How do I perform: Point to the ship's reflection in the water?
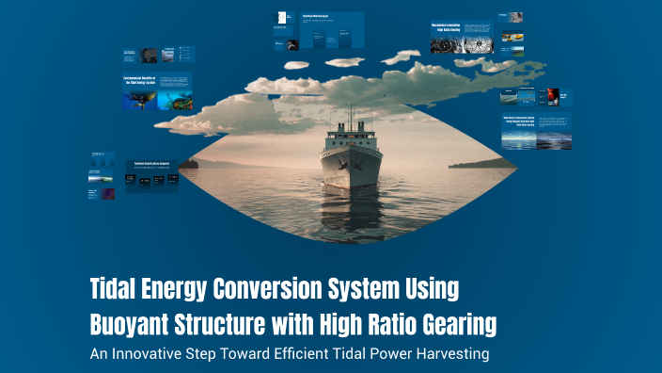click(342, 212)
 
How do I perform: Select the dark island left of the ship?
click(188, 164)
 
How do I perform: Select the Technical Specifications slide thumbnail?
click(151, 174)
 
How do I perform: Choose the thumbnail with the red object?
click(553, 96)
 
